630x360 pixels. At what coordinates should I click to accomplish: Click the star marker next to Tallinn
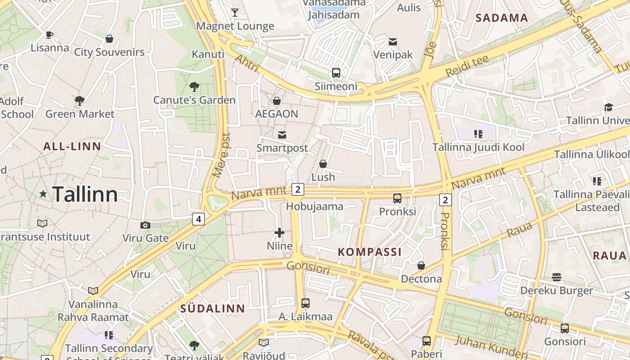pyautogui.click(x=43, y=194)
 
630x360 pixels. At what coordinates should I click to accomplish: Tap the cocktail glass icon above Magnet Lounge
pyautogui.click(x=235, y=12)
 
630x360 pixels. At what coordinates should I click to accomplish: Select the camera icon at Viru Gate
pyautogui.click(x=145, y=225)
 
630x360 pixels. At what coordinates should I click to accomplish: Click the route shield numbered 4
pyautogui.click(x=198, y=219)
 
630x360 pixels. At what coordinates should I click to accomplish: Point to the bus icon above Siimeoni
pyautogui.click(x=336, y=72)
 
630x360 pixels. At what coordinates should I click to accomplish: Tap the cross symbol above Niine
pyautogui.click(x=279, y=233)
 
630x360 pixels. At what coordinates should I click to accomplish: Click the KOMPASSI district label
pyautogui.click(x=369, y=252)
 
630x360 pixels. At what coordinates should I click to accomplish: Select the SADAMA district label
pyautogui.click(x=502, y=18)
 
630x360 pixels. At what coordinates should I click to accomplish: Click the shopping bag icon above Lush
pyautogui.click(x=323, y=164)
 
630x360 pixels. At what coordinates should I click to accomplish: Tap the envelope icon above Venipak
pyautogui.click(x=393, y=42)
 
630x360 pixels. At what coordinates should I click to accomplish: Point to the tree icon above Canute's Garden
pyautogui.click(x=194, y=86)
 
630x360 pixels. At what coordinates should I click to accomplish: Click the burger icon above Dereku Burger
pyautogui.click(x=557, y=277)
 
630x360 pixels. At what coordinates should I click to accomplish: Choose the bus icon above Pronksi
pyautogui.click(x=397, y=198)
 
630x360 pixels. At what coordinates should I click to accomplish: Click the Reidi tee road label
pyautogui.click(x=467, y=66)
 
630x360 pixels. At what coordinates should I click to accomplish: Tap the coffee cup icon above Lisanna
pyautogui.click(x=49, y=35)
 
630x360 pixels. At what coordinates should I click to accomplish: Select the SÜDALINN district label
pyautogui.click(x=212, y=309)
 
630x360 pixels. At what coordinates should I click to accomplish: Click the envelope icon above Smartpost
pyautogui.click(x=282, y=135)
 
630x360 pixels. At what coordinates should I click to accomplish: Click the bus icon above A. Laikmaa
pyautogui.click(x=305, y=303)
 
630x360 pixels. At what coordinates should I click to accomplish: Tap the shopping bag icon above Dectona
pyautogui.click(x=421, y=266)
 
